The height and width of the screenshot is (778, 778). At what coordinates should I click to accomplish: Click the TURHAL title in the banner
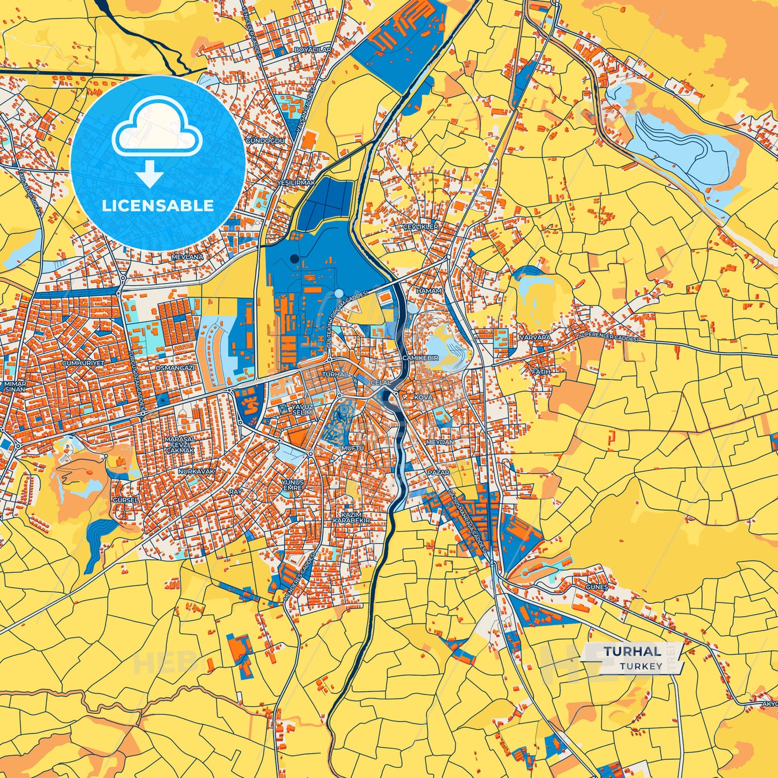[632, 651]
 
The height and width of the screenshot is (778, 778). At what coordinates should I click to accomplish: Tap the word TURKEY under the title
[641, 666]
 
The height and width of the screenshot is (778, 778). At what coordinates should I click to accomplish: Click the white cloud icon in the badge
[157, 130]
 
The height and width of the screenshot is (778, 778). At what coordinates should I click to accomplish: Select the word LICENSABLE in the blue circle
[158, 206]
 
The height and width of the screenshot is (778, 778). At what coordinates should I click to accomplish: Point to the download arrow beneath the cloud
[149, 173]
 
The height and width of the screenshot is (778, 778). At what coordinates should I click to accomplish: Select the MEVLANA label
[187, 257]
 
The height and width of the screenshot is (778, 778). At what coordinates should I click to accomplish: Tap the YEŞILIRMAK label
[295, 183]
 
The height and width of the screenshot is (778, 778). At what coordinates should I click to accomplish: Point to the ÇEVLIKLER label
[420, 227]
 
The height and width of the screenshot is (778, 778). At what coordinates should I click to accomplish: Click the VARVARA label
[535, 338]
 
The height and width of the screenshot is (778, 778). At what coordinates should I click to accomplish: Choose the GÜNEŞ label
[597, 587]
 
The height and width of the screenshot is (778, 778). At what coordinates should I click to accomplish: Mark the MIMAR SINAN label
[15, 386]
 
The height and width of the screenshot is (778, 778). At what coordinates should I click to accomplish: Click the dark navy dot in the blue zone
[294, 259]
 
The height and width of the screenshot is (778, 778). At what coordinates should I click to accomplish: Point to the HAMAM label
[429, 291]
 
